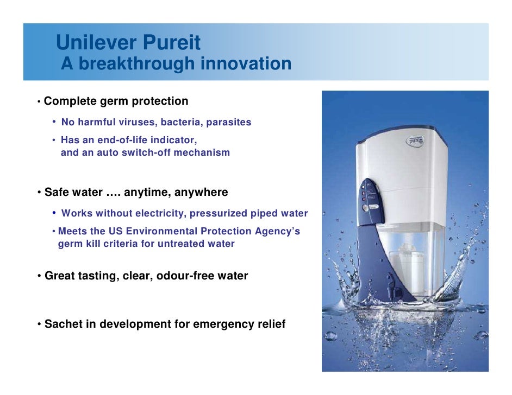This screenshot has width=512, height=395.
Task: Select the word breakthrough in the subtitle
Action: [138, 64]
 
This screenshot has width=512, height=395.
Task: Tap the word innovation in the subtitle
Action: [246, 64]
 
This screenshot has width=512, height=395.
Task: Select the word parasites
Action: [228, 122]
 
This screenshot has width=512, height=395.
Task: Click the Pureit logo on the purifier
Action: [416, 141]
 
